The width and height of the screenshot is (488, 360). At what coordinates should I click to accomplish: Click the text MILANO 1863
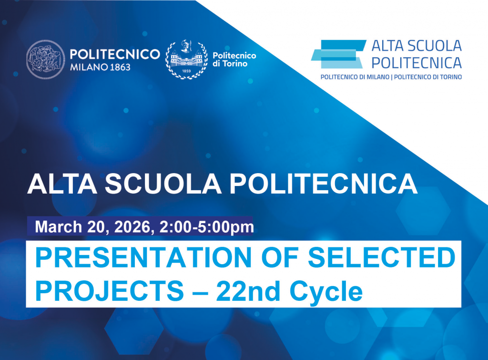coord(100,67)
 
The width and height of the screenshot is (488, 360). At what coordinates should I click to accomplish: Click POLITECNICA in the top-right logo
coord(416,62)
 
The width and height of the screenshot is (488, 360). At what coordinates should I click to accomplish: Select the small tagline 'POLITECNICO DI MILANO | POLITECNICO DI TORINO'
coord(391,77)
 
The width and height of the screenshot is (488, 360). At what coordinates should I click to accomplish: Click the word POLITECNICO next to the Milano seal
coord(114,54)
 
